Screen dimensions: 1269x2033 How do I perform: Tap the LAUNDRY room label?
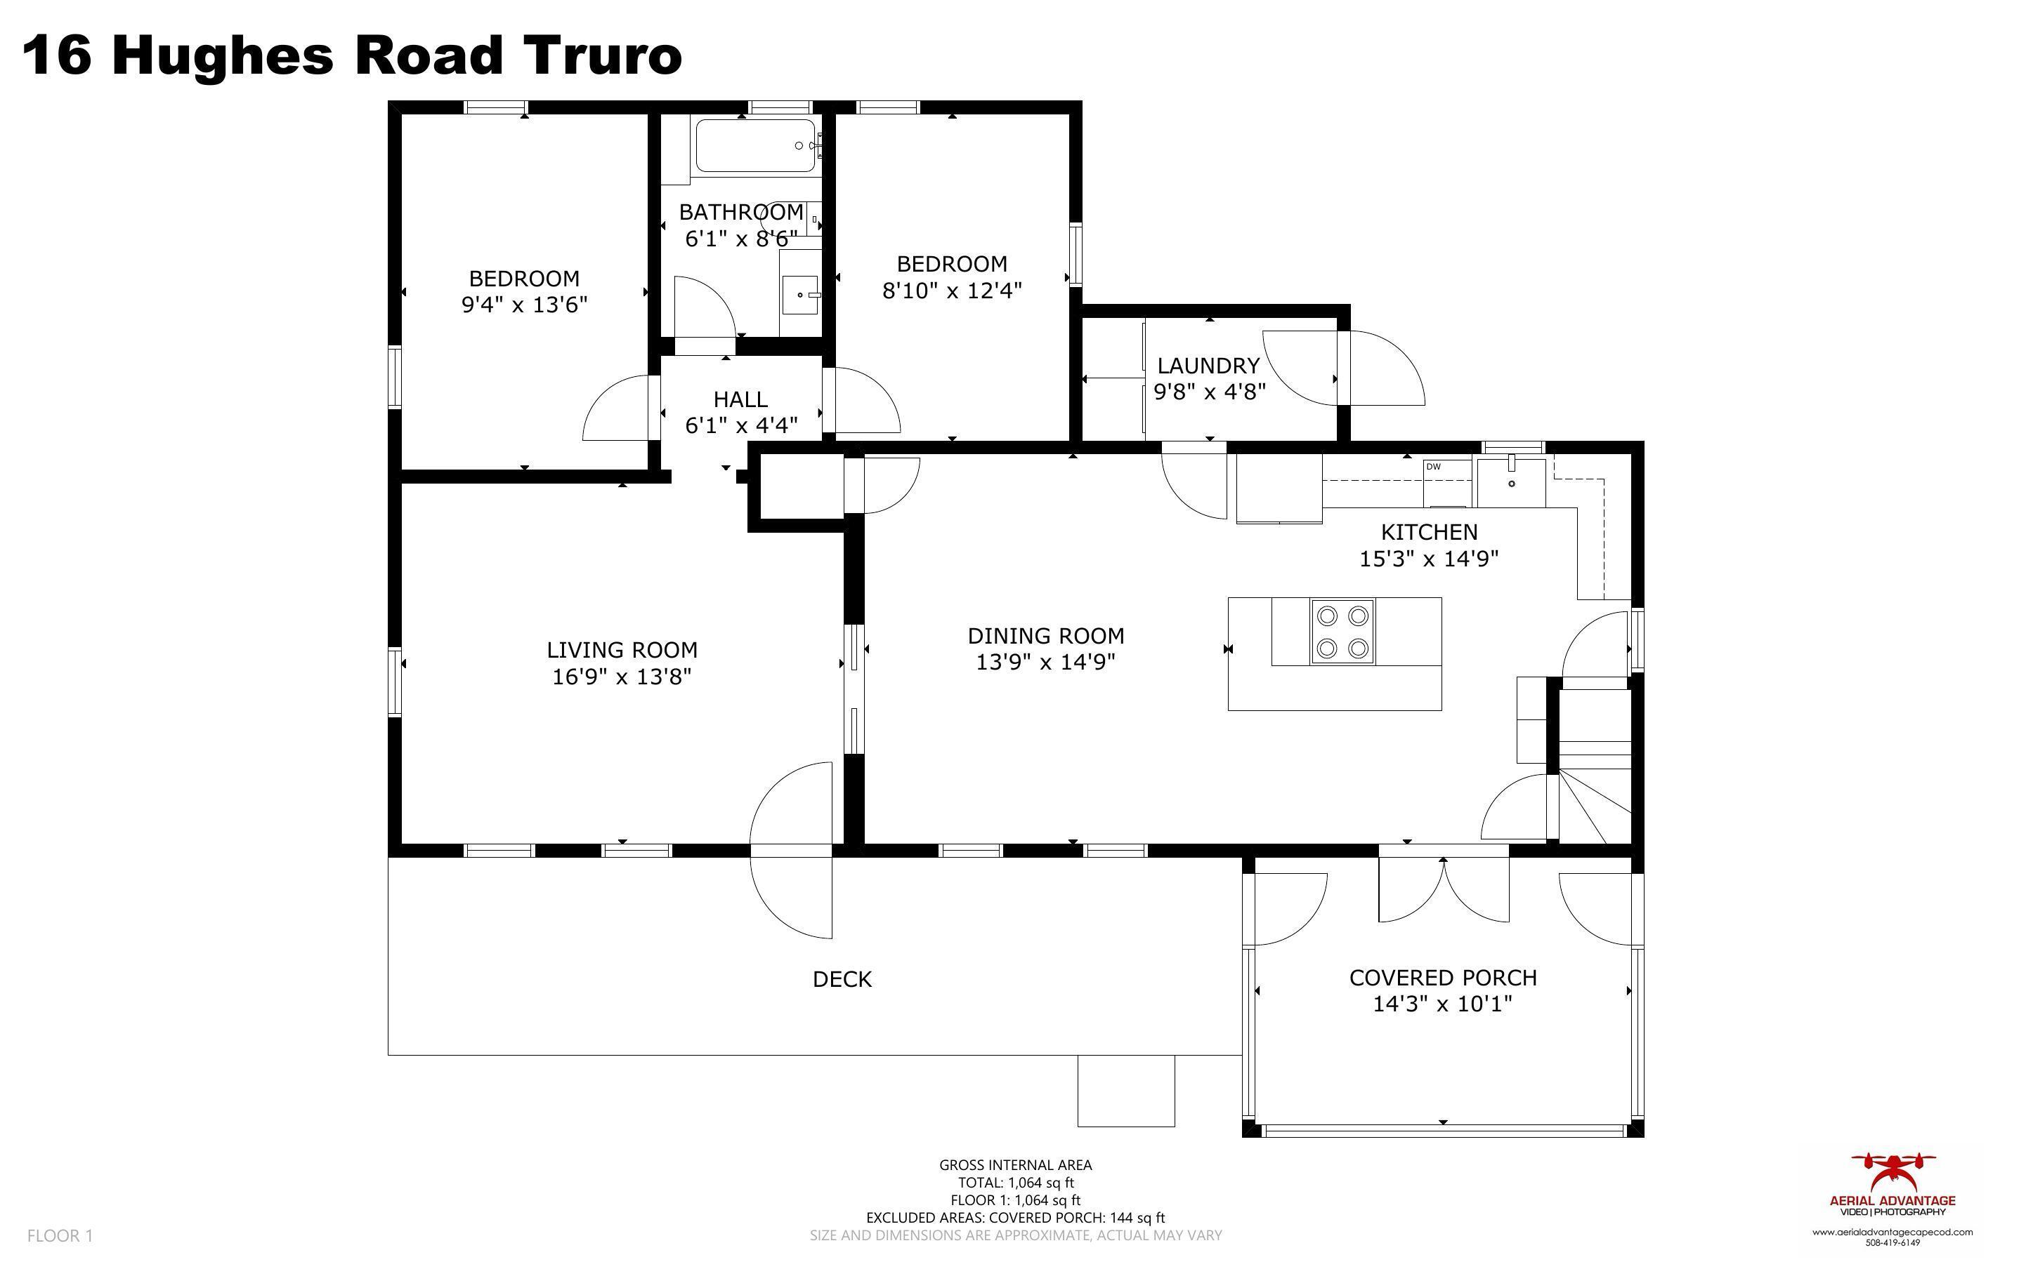click(x=1208, y=365)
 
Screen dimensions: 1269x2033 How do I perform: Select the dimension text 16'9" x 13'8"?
click(x=622, y=677)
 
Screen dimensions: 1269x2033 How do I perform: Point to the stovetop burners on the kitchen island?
click(x=1342, y=631)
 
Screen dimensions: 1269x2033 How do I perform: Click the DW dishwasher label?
click(x=1434, y=467)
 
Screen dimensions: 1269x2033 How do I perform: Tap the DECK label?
click(x=842, y=979)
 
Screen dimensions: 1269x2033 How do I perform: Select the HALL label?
click(x=740, y=399)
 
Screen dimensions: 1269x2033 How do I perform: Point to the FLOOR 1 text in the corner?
click(x=60, y=1235)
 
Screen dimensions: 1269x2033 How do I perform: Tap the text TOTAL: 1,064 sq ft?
click(x=1014, y=1183)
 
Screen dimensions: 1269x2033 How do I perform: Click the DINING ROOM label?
click(x=1045, y=635)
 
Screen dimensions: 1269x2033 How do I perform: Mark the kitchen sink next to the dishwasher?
click(x=1510, y=481)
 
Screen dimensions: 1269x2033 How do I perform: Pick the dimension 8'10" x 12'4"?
click(x=950, y=291)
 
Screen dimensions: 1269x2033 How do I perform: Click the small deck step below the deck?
click(x=1125, y=1090)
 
